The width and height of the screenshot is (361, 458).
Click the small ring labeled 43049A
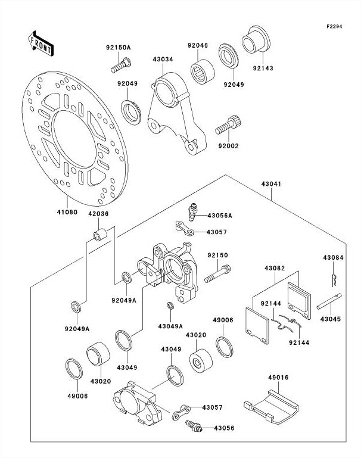[170, 306]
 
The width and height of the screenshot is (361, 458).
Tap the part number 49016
[278, 377]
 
